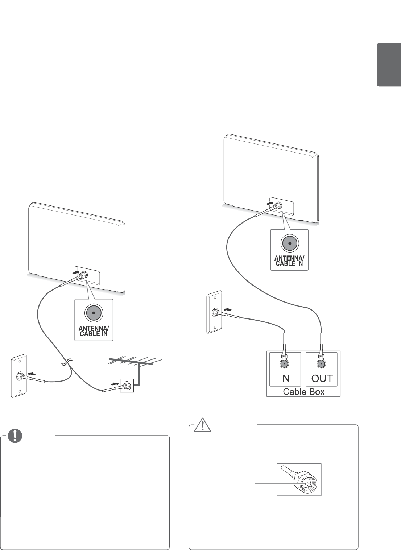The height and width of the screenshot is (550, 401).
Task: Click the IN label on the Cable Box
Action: [x=285, y=378]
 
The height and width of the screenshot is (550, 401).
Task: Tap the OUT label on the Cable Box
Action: [x=322, y=378]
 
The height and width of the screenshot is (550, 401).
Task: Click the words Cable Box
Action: [x=303, y=392]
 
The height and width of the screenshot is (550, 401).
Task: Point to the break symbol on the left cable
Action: [x=66, y=362]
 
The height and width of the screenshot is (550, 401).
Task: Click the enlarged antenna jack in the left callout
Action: [x=94, y=313]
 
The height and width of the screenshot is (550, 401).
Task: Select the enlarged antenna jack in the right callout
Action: [x=289, y=243]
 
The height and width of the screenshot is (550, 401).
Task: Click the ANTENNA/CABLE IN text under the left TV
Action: [x=94, y=331]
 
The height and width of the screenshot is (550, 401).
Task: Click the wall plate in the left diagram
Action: [x=18, y=376]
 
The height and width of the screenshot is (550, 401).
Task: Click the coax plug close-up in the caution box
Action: [x=299, y=479]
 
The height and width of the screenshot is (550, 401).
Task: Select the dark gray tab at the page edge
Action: [x=389, y=65]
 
